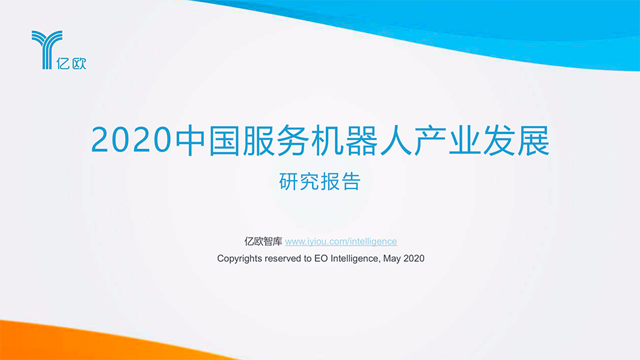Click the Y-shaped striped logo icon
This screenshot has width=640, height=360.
[x=47, y=49]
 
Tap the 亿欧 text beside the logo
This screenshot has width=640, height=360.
[x=71, y=63]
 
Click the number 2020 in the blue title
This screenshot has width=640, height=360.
[x=131, y=140]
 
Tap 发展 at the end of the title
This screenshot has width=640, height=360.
[x=516, y=140]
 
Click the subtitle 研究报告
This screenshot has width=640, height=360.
[x=319, y=181]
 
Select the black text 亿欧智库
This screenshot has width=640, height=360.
[x=263, y=241]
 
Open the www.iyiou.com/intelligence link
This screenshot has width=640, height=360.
[x=341, y=241]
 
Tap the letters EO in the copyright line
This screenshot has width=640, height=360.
[x=321, y=258]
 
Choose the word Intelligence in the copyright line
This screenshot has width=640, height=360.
[x=355, y=259]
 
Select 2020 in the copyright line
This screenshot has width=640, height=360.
[x=414, y=258]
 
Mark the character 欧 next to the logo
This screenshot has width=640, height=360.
[x=79, y=63]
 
